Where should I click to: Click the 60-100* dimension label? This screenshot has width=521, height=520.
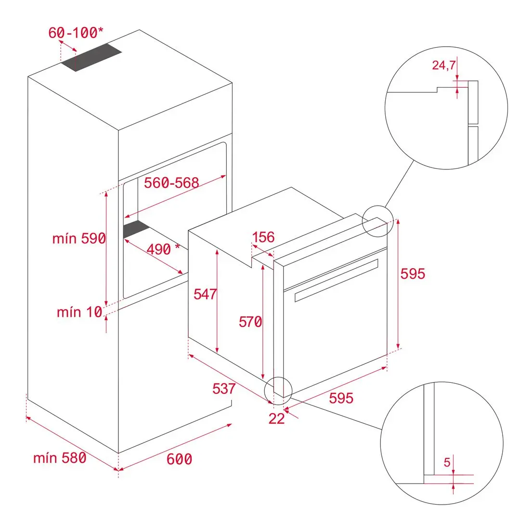(76, 33)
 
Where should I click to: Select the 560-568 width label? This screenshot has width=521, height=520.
(171, 182)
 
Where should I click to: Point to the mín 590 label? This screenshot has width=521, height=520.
(78, 238)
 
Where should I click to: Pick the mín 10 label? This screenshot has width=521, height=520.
(79, 312)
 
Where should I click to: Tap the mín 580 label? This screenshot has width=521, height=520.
(60, 457)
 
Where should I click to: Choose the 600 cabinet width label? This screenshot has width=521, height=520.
(179, 459)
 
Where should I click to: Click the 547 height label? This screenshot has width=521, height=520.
(205, 294)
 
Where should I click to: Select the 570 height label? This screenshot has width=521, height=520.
(250, 322)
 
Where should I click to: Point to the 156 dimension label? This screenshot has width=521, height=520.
(263, 237)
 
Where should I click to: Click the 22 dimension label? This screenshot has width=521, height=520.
(276, 418)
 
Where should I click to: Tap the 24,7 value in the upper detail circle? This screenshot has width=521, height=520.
(443, 65)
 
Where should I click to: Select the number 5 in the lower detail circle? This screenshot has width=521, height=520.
(446, 463)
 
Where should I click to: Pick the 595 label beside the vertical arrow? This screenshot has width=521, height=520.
(413, 273)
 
